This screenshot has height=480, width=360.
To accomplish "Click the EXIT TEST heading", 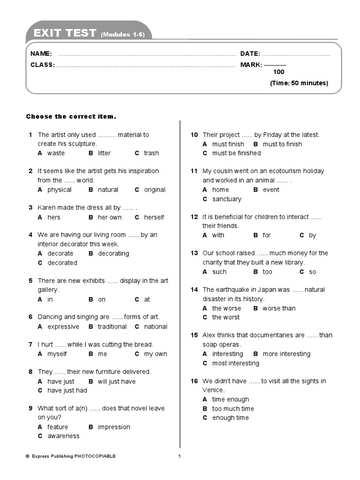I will click(65, 33).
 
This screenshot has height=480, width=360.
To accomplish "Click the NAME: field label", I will click(41, 54).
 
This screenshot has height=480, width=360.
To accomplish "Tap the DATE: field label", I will click(250, 54).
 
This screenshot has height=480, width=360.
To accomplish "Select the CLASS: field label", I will click(43, 65).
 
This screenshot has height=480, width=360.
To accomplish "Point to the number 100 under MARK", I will click(278, 72).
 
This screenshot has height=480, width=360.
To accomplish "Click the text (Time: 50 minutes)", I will click(299, 83).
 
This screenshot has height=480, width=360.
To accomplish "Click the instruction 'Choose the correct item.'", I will click(71, 116).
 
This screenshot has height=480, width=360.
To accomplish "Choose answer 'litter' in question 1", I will click(105, 153).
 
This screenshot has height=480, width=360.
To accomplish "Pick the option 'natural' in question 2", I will click(108, 190).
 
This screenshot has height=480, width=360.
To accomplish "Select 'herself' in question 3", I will click(154, 217).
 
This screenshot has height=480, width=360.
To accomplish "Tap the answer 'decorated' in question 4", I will click(62, 263).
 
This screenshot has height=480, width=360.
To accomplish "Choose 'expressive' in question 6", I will click(63, 327).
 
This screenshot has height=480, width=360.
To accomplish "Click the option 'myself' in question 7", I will click(57, 354).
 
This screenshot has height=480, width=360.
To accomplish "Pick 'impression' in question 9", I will click(114, 427).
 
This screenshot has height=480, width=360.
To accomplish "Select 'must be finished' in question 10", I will click(236, 153).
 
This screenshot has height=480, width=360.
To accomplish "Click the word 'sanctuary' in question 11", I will click(227, 199).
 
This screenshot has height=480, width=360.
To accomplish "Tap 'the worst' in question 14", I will click(225, 317).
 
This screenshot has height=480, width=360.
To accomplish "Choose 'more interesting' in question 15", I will click(286, 354).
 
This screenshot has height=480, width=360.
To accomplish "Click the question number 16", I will click(195, 381).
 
